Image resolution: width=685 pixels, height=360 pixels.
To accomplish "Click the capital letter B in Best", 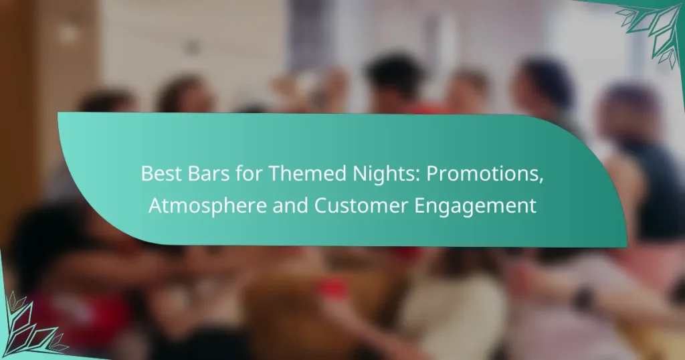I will pyautogui.click(x=146, y=174).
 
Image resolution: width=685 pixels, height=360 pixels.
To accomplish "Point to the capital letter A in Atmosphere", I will pyautogui.click(x=155, y=206).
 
